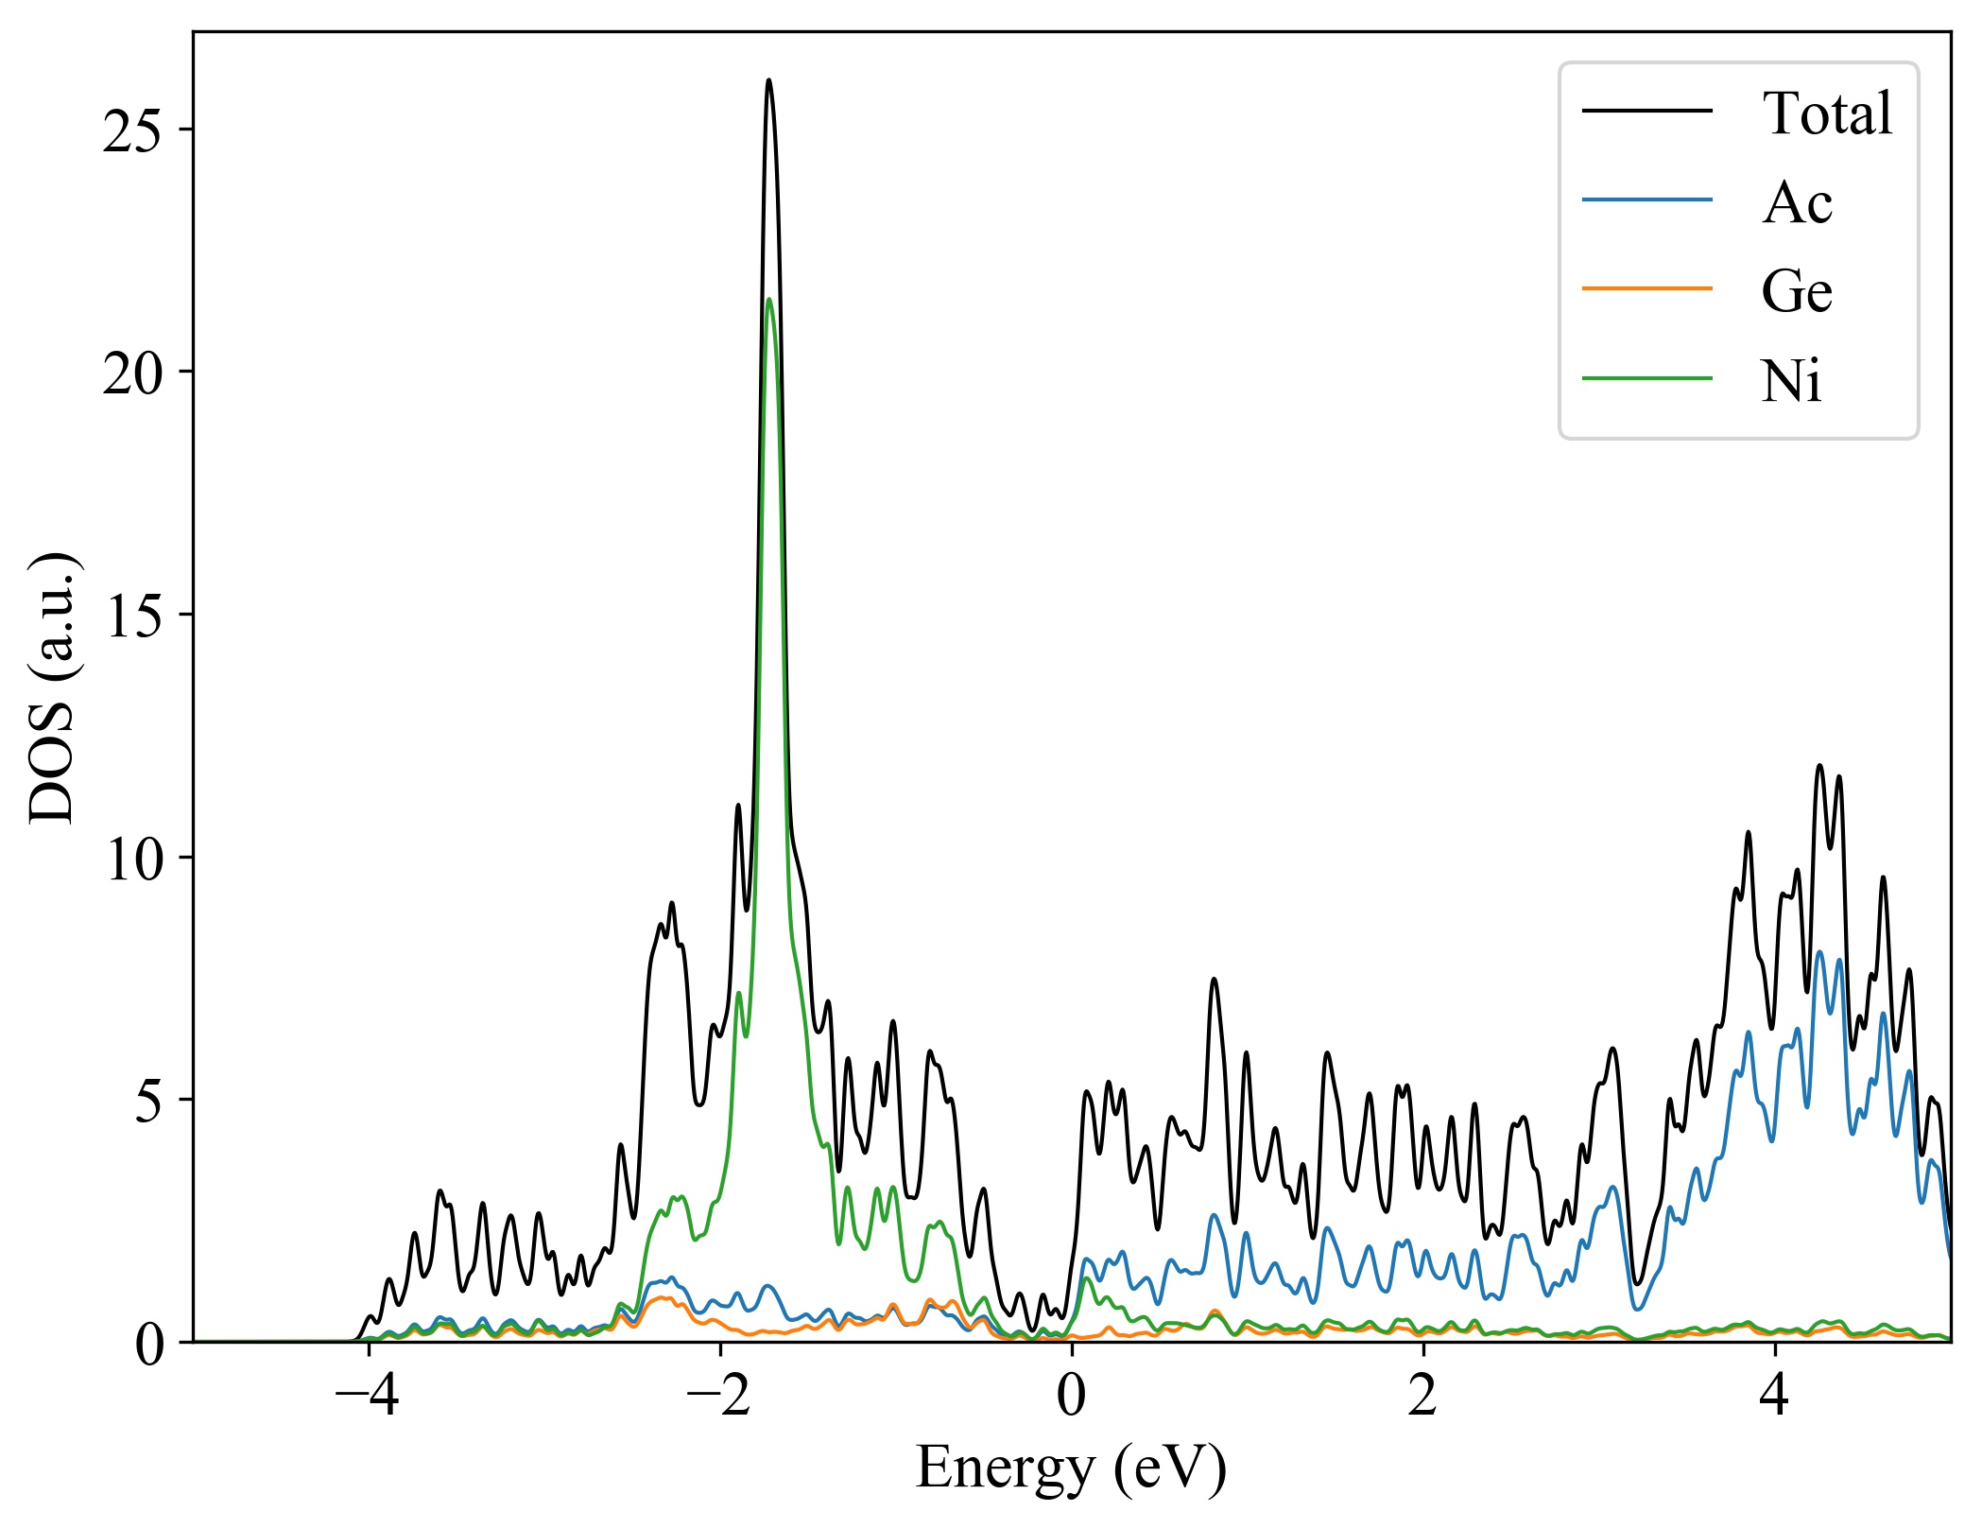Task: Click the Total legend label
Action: coord(1826,113)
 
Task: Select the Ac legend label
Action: coord(1796,202)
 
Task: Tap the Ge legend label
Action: coord(1796,291)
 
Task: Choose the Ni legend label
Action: coord(1790,382)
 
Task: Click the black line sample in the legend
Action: coord(1646,112)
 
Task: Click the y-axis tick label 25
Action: coord(134,130)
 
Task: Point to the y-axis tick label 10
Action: coord(134,859)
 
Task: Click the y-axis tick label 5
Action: coord(149,1101)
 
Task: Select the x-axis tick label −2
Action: coord(719,1396)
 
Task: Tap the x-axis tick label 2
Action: coord(1422,1396)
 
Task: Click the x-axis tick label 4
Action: coord(1774,1396)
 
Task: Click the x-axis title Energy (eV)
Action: coord(1071,1468)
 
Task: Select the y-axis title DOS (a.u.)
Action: coord(54,687)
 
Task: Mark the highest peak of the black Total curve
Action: coord(768,80)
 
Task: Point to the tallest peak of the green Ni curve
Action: coord(768,301)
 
